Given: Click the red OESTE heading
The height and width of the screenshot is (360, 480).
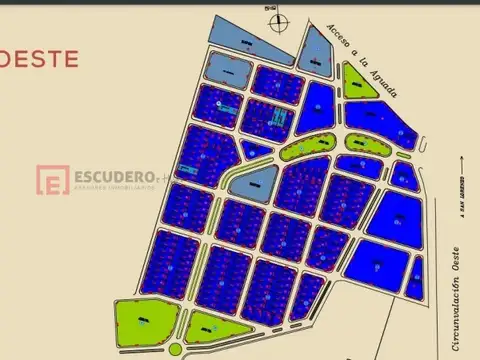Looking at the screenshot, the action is click(38, 58).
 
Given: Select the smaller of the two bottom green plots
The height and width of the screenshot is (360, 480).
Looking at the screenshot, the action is click(213, 328).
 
